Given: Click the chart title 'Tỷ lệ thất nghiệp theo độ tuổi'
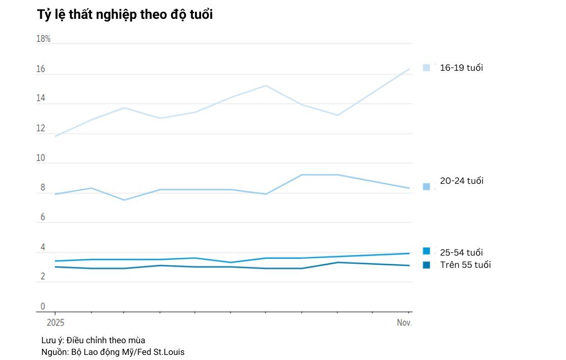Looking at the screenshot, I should [x=125, y=15].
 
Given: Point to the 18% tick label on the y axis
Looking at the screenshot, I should [x=43, y=39].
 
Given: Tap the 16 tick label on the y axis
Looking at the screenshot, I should [x=40, y=69].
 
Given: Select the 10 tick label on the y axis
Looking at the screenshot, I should [x=40, y=158].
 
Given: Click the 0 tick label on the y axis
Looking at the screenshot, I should [x=43, y=307].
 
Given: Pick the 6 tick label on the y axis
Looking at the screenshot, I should [x=43, y=217].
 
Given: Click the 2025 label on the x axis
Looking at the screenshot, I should [x=55, y=323].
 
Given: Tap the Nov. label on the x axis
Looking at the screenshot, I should [x=404, y=323].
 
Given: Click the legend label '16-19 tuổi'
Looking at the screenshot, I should [x=461, y=68].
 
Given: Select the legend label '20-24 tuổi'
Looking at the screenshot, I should [x=462, y=181].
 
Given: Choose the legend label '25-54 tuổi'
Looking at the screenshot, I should [x=461, y=253].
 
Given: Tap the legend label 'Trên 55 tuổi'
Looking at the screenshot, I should [x=465, y=265].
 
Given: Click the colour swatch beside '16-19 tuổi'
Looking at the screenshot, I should [x=427, y=67].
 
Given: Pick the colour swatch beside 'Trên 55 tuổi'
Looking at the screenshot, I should [x=427, y=265].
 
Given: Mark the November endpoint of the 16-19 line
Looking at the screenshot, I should [x=410, y=69].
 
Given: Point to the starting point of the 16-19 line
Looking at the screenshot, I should [x=55, y=136].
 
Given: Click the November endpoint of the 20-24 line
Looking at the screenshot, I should [x=410, y=188].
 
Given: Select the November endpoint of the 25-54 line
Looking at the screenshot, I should [x=410, y=253].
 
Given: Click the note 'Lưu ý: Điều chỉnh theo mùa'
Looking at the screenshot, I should [x=90, y=340].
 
